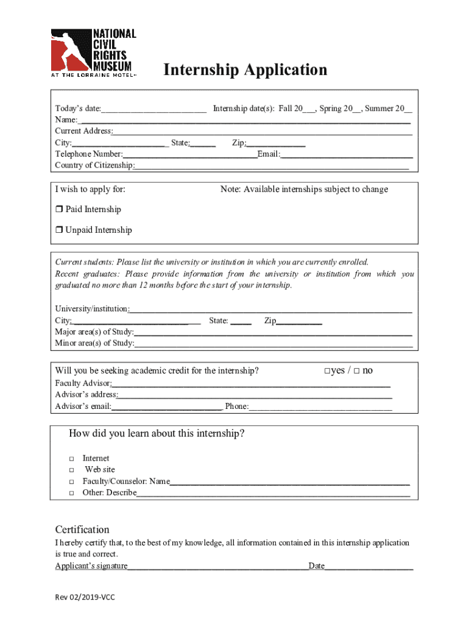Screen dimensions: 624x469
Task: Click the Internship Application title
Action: [x=245, y=70]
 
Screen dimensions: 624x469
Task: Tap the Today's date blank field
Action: [x=154, y=110]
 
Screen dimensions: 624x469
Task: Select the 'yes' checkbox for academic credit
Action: [x=327, y=371]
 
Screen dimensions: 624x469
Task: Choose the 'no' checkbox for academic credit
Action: [x=356, y=371]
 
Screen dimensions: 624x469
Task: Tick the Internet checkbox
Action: [x=71, y=458]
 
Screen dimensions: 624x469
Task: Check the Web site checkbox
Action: [x=71, y=470]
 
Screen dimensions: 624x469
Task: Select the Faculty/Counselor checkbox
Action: [x=71, y=481]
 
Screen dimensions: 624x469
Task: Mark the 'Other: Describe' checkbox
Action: [x=71, y=493]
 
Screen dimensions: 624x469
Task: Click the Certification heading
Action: [x=82, y=529]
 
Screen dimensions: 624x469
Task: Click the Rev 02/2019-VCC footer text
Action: [x=85, y=597]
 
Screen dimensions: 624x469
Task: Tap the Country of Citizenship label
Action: [x=94, y=166]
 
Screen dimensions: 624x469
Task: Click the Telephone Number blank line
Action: [x=189, y=155]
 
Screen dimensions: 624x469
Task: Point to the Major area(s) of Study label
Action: [x=94, y=332]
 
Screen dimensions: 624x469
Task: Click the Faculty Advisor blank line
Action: [x=250, y=384]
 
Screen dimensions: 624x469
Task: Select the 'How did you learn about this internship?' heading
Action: [x=157, y=434]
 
